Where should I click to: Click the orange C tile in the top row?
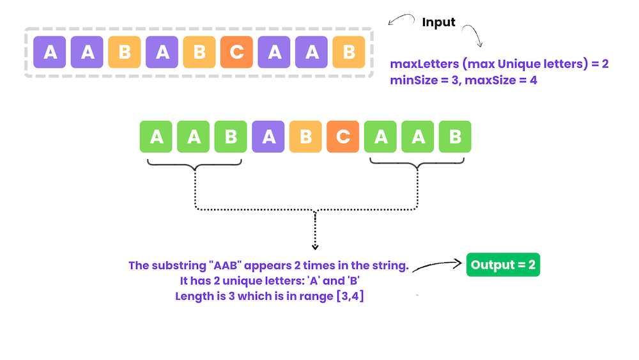tap(236, 52)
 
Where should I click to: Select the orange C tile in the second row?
tap(343, 137)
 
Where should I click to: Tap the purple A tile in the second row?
tap(268, 137)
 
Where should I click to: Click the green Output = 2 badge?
tap(503, 265)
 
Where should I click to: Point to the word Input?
tap(439, 22)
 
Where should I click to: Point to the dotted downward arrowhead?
tap(314, 246)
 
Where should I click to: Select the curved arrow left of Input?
tap(401, 20)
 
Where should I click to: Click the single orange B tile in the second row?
tap(305, 137)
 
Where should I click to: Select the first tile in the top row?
tap(50, 52)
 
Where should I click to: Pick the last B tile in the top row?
tap(349, 52)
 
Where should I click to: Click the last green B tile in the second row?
tap(455, 137)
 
